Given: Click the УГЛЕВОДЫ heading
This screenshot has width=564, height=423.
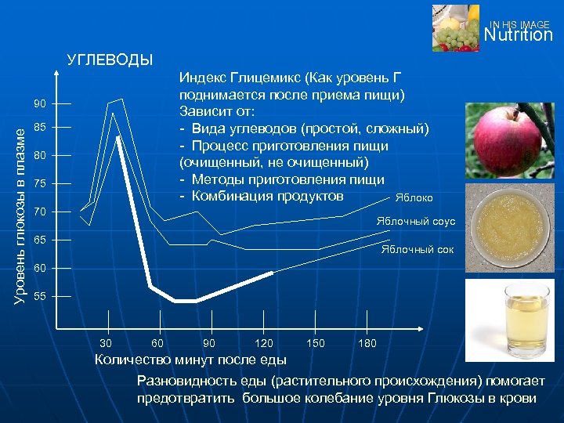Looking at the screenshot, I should [110, 60].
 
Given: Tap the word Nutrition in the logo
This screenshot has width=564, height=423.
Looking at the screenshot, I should [518, 35].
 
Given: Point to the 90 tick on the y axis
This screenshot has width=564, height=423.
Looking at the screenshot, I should [39, 104].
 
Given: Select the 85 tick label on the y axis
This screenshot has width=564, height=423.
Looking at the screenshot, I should [39, 128].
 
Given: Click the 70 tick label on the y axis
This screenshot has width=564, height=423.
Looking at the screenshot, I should [39, 212].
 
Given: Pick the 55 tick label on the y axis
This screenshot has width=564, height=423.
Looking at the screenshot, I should [39, 297].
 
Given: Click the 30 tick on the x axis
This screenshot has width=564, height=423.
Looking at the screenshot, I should [107, 343].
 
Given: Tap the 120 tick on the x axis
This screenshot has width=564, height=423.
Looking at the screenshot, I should [264, 343].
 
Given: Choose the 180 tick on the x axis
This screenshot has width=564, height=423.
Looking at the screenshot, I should [367, 343].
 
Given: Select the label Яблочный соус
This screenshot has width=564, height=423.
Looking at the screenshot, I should [415, 222].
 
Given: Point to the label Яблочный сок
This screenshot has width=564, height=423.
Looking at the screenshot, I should [418, 250].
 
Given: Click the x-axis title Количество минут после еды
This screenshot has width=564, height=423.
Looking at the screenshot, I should [190, 360].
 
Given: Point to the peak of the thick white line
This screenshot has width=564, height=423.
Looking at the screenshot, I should [117, 137].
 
